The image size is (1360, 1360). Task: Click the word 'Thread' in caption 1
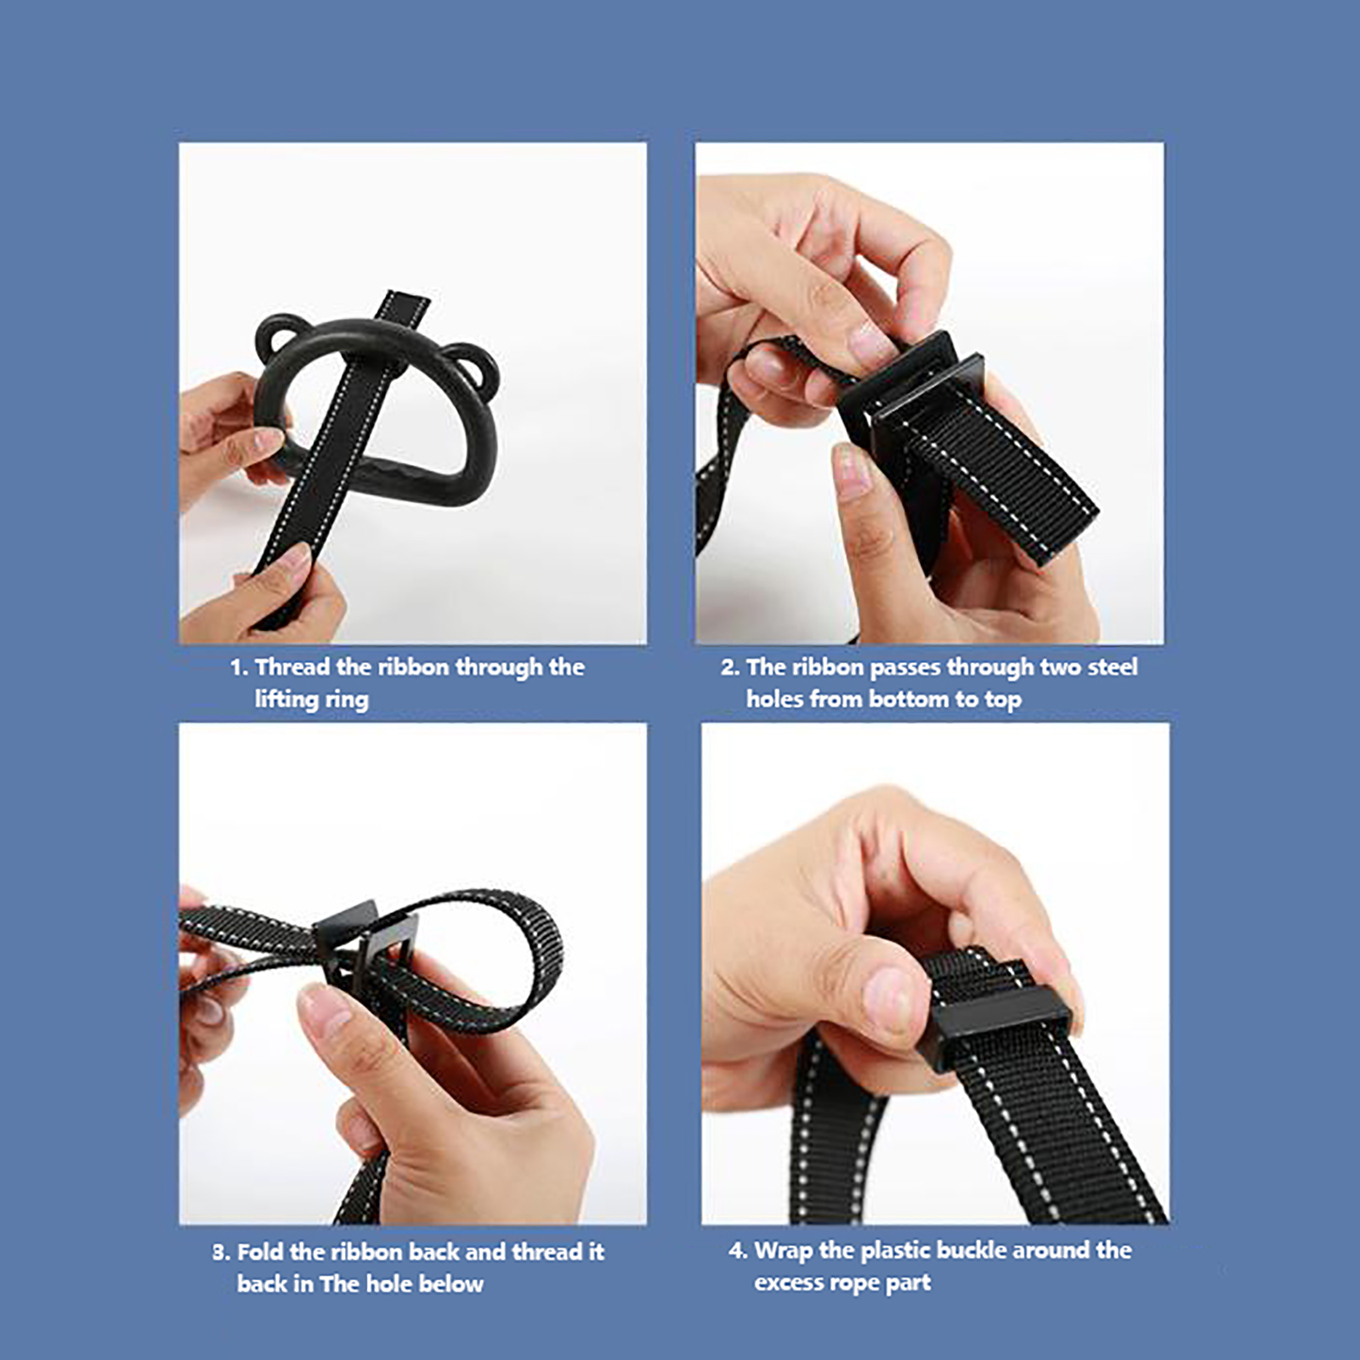pyautogui.click(x=292, y=667)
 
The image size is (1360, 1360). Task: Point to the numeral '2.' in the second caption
pyautogui.click(x=729, y=667)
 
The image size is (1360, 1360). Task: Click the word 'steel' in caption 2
pyautogui.click(x=1112, y=667)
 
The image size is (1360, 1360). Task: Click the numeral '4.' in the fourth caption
pyautogui.click(x=738, y=1251)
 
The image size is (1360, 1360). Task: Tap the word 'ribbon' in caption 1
pyautogui.click(x=413, y=667)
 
